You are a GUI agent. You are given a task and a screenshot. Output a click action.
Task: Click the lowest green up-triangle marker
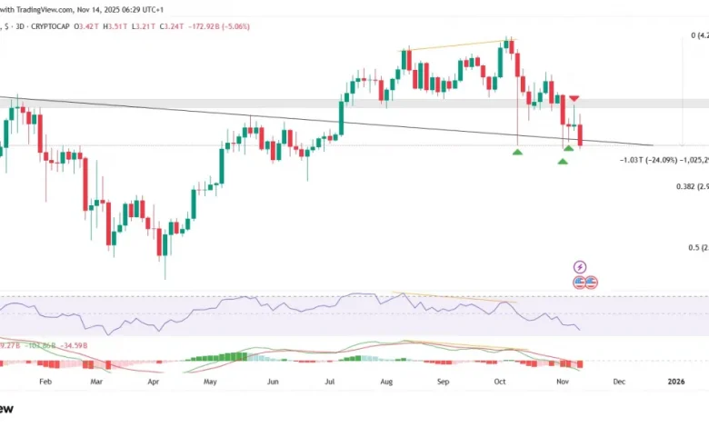point(563,161)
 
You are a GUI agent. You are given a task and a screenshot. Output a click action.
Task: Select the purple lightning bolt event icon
point(581,266)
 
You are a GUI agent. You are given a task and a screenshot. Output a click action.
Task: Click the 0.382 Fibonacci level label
point(685,186)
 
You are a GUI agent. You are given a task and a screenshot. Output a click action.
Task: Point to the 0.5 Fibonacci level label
point(694,247)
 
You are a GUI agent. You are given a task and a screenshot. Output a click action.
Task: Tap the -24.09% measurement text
point(649,161)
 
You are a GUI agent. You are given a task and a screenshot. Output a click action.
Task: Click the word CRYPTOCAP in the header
point(54,26)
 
